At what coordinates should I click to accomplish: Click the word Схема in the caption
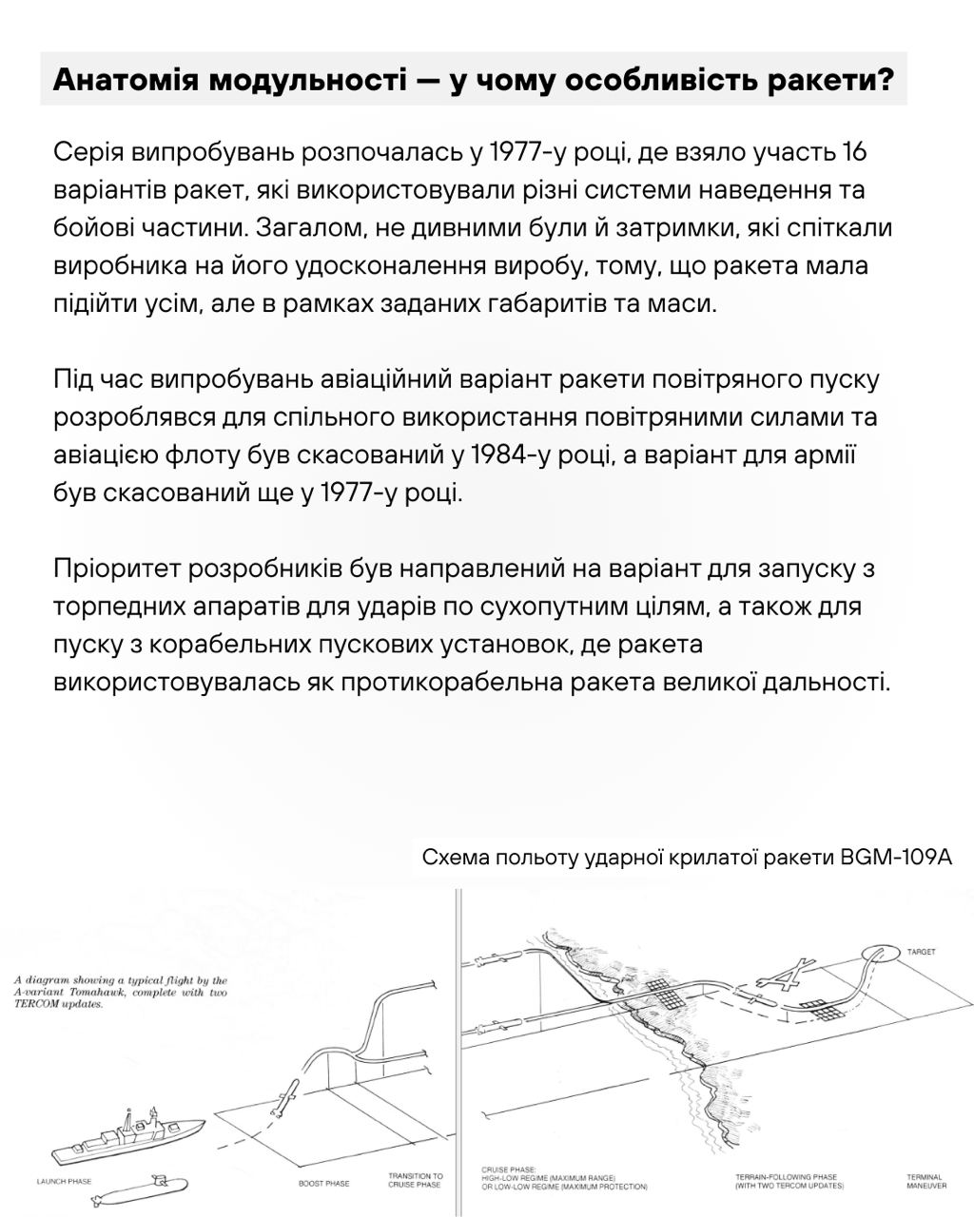point(454,858)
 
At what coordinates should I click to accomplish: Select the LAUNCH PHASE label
point(64,1182)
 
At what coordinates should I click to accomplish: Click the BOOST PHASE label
point(323,1184)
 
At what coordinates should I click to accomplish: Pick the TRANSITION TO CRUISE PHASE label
point(415,1181)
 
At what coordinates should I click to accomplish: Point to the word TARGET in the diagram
point(921,951)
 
